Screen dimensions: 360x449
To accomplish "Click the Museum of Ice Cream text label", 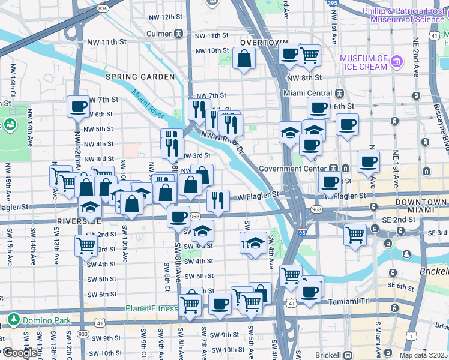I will (363, 62).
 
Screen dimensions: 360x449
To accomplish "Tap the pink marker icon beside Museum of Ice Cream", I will (396, 61).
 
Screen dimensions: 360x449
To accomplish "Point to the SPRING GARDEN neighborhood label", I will (136, 77).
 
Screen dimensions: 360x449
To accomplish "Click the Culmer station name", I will (159, 34).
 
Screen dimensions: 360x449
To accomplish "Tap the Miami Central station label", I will (307, 94).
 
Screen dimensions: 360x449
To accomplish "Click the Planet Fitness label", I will (151, 309).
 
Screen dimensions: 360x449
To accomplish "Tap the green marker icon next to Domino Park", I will (12, 319).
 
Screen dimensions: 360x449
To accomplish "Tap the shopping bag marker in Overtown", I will (244, 59).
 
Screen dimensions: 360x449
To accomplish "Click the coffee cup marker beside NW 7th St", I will (77, 106).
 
